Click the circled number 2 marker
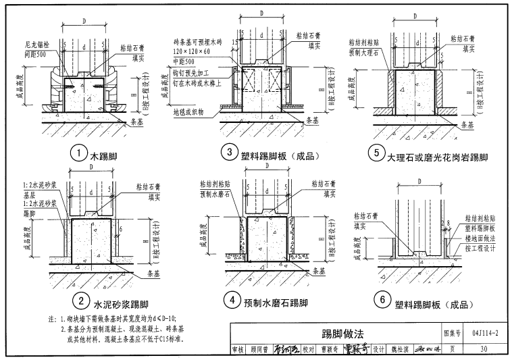pos(80,303)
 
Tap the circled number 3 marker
pos(230,153)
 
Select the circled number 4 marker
pos(231,302)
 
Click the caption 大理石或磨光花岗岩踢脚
pos(438,156)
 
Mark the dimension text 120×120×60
pos(193,51)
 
